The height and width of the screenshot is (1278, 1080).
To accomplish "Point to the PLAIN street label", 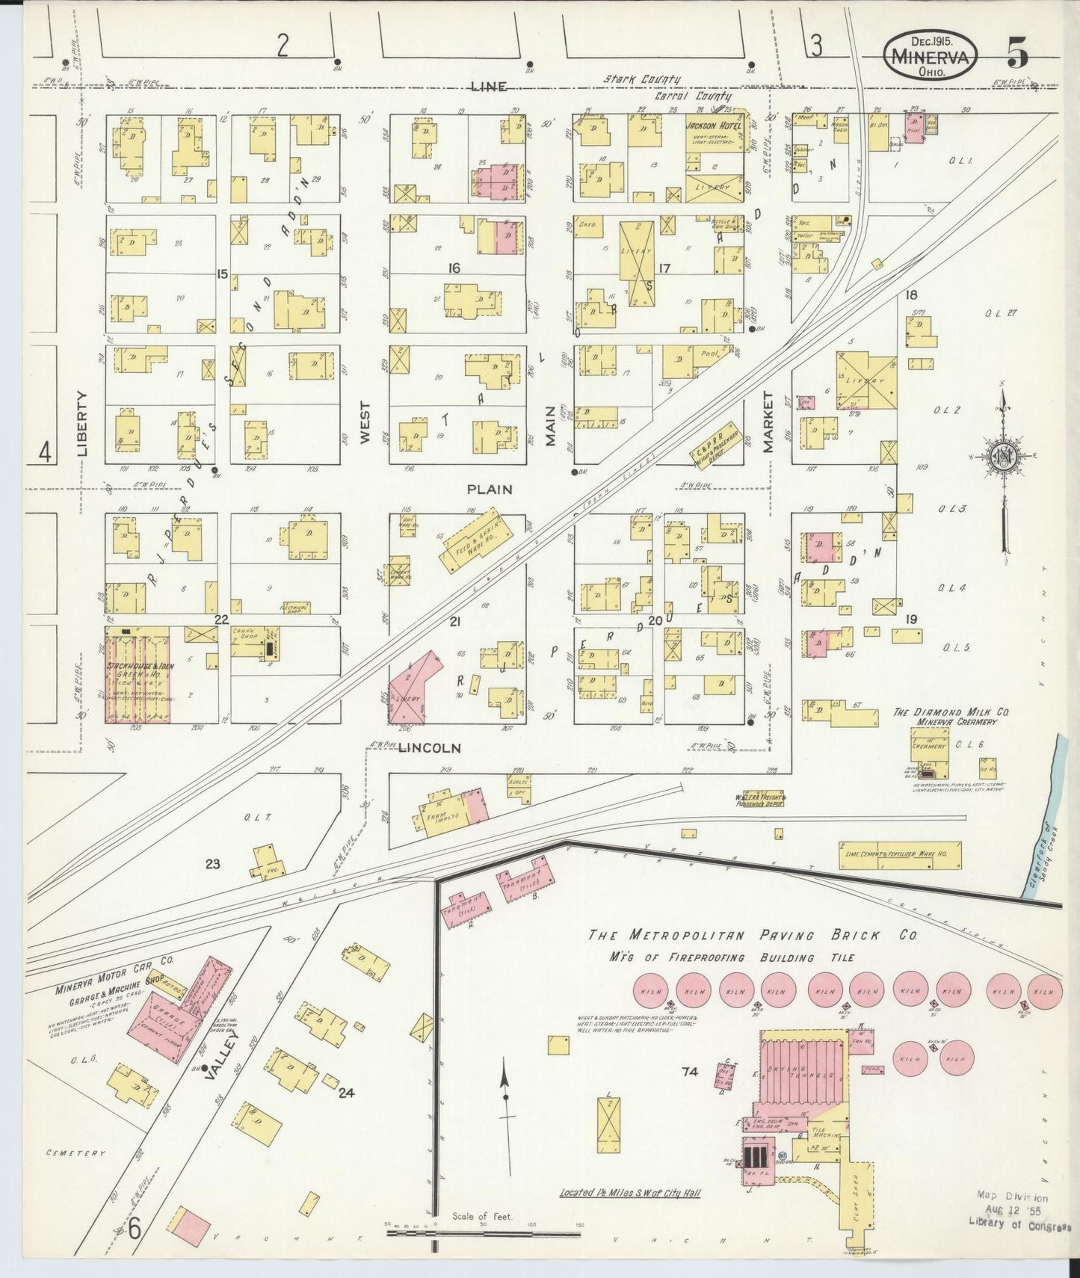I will pos(490,490).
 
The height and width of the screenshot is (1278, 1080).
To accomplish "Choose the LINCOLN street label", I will pos(429,747).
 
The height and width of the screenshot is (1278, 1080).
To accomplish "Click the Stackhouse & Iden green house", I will pos(137,675).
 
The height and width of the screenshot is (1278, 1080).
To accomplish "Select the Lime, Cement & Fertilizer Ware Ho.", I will pos(899,855).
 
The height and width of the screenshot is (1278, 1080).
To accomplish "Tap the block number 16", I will pos(454,268).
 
